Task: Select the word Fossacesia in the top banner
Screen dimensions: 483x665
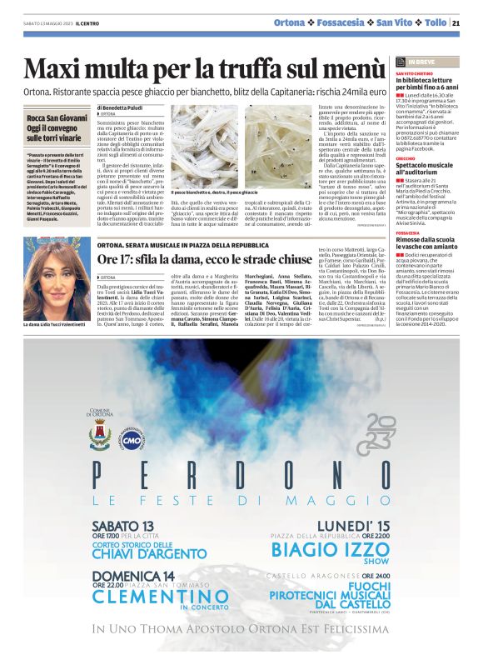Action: click(341, 22)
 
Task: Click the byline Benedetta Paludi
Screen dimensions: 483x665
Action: click(124, 107)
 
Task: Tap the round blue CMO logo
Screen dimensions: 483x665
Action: click(132, 439)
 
